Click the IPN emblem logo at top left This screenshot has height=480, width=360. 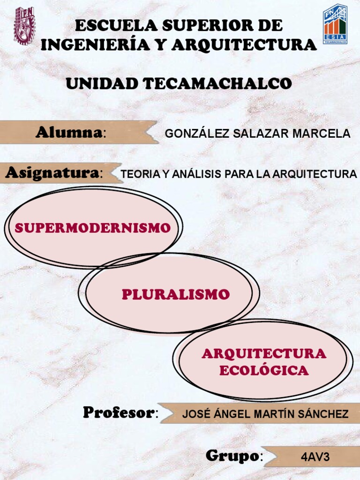click(24, 25)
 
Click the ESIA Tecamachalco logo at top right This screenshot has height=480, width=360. click(335, 24)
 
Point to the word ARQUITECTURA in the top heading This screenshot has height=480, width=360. click(244, 45)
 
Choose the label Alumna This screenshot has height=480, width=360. click(68, 133)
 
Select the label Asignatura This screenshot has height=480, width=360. click(52, 173)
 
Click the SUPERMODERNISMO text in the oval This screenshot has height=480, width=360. click(92, 228)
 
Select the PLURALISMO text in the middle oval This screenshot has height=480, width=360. click(176, 294)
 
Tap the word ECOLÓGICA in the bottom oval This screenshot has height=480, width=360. click(264, 371)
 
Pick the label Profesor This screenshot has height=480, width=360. click(119, 412)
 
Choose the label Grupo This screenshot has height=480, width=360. click(232, 456)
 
